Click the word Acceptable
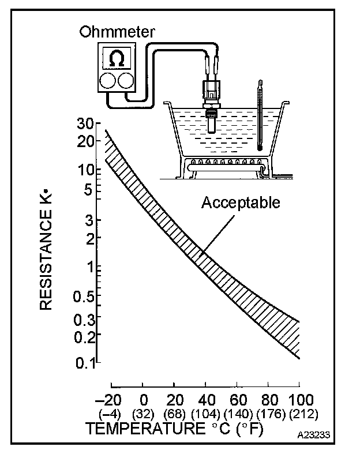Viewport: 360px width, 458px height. pos(241,203)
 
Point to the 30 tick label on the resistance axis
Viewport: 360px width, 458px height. pos(85,124)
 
